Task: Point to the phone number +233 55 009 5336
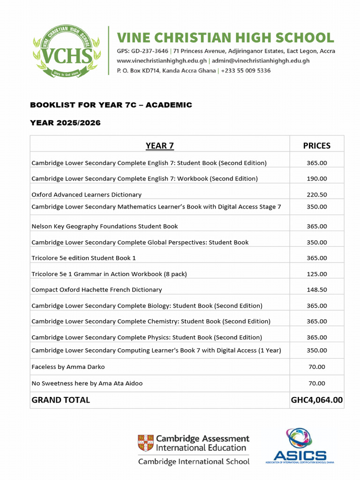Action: pos(246,71)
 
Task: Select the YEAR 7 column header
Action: pos(159,146)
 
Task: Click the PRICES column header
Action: pos(316,146)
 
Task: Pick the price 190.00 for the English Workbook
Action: pos(316,179)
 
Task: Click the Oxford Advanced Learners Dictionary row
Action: pos(86,195)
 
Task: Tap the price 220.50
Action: pos(316,195)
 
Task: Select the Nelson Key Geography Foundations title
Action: pos(105,226)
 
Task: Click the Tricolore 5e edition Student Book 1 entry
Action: pos(83,258)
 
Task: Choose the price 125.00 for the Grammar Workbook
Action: pos(316,274)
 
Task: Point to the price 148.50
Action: pos(316,290)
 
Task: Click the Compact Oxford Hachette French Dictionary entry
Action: pos(97,290)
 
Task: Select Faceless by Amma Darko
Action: pos(68,367)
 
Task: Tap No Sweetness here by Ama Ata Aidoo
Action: pos(87,383)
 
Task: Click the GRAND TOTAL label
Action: pos(60,400)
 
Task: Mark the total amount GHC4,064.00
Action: pos(316,400)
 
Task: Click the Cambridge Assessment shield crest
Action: pos(145,443)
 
